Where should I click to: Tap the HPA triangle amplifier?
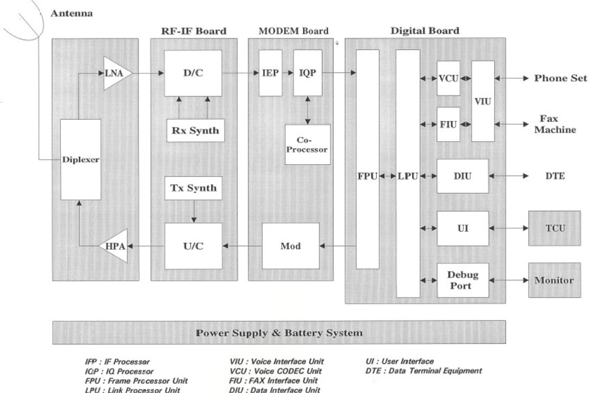pyautogui.click(x=114, y=246)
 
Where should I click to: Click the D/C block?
pyautogui.click(x=193, y=73)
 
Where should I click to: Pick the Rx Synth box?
pyautogui.click(x=193, y=130)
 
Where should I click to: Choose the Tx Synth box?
pyautogui.click(x=193, y=188)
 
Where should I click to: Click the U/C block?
pyautogui.click(x=193, y=246)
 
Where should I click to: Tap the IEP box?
pyautogui.click(x=270, y=73)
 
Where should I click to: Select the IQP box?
pyautogui.click(x=307, y=73)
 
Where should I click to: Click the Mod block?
pyautogui.click(x=290, y=246)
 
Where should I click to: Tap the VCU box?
pyautogui.click(x=448, y=79)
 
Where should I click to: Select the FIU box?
pyautogui.click(x=448, y=123)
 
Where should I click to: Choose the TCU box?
pyautogui.click(x=554, y=228)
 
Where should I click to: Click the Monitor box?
pyautogui.click(x=554, y=280)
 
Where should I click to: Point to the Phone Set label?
pyautogui.click(x=561, y=78)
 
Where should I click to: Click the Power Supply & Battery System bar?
pyautogui.click(x=279, y=333)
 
